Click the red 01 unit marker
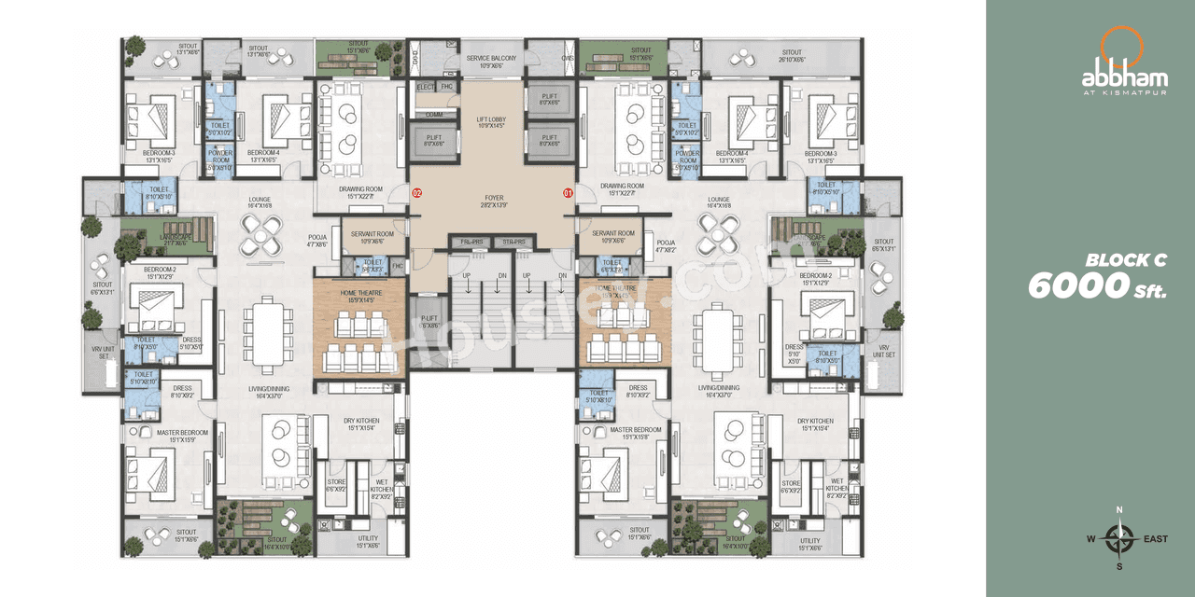(x=567, y=193)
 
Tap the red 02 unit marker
(x=417, y=193)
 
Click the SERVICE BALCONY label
(x=490, y=58)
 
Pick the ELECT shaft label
(x=426, y=87)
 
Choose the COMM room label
(x=434, y=115)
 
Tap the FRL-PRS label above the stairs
(x=471, y=243)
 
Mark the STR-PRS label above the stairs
(x=514, y=243)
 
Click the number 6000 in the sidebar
(x=1072, y=286)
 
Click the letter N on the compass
(x=1119, y=509)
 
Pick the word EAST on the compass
(x=1155, y=538)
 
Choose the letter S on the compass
(x=1119, y=566)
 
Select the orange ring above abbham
(x=1117, y=46)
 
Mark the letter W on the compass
(x=1090, y=538)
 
